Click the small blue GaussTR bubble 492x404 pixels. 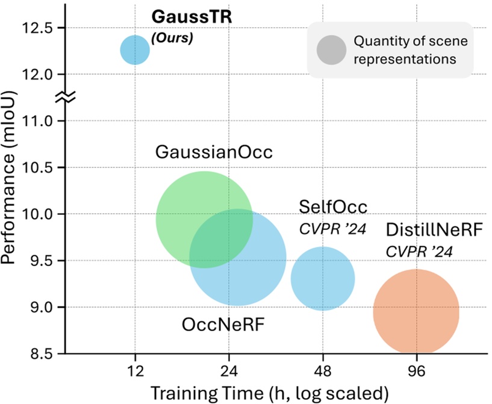coord(135,49)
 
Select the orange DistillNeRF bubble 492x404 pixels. coord(416,311)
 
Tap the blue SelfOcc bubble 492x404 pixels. coord(323,278)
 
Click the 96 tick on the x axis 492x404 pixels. coord(416,370)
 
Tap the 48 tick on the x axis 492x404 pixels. coord(323,370)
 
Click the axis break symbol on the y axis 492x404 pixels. coord(66,97)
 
